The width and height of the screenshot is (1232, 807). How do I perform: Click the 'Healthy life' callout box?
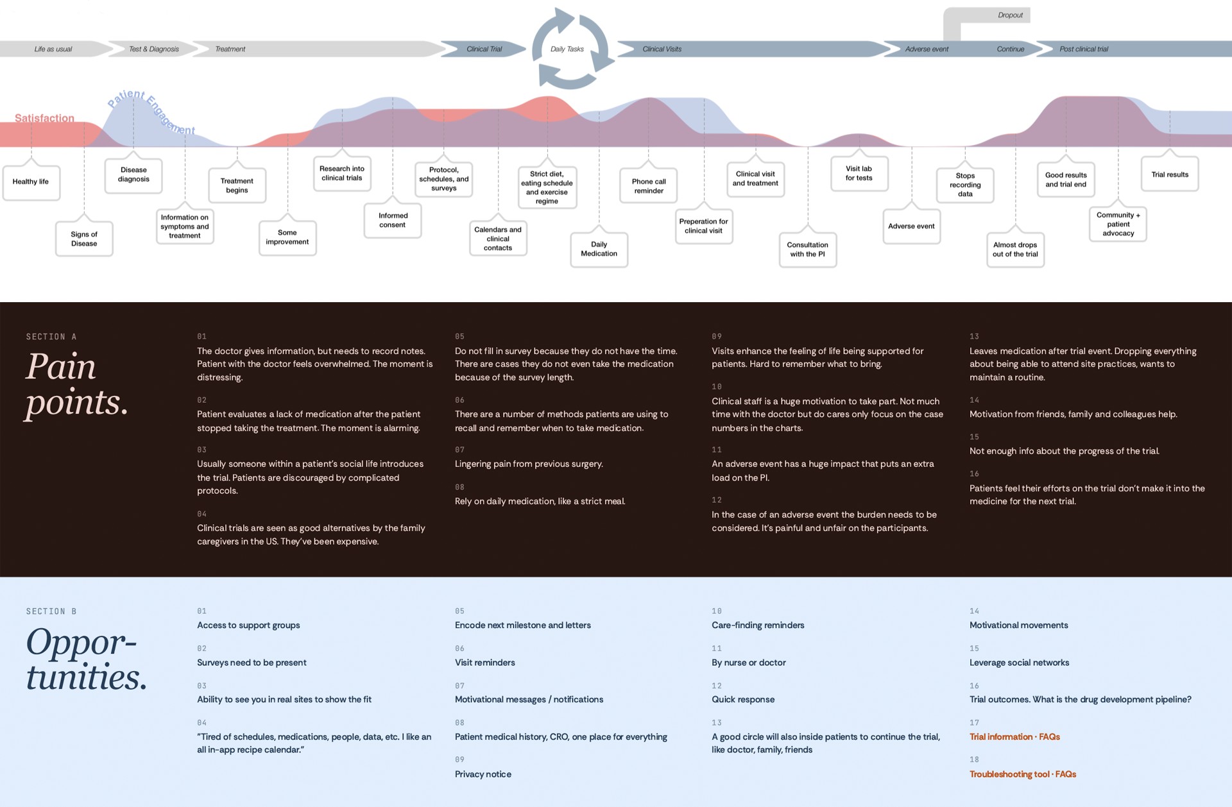(31, 182)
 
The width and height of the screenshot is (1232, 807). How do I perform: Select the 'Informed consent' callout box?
(393, 221)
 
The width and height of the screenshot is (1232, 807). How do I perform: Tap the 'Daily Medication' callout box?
(599, 249)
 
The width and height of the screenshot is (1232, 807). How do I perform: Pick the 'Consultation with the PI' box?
(808, 250)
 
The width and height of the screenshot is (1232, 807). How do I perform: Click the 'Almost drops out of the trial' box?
(1015, 250)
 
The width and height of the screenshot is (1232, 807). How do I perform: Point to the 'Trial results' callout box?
(1170, 174)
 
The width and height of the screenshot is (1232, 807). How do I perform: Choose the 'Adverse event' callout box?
(912, 226)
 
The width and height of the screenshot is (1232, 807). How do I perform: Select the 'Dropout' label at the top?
(1010, 15)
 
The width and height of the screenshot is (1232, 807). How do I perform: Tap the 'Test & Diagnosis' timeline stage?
(154, 49)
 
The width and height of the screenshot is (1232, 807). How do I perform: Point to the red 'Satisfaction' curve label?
(44, 118)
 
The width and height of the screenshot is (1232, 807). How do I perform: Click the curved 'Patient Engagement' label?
(151, 110)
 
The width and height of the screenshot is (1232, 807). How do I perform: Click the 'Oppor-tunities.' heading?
(87, 659)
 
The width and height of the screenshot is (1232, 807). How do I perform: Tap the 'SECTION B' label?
(51, 611)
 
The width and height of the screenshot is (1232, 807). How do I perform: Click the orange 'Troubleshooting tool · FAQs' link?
(1023, 774)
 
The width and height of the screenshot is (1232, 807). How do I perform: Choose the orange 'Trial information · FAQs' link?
(1014, 736)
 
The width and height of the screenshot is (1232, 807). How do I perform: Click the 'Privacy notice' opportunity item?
(483, 774)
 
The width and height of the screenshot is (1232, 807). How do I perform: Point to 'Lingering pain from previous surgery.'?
(529, 464)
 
